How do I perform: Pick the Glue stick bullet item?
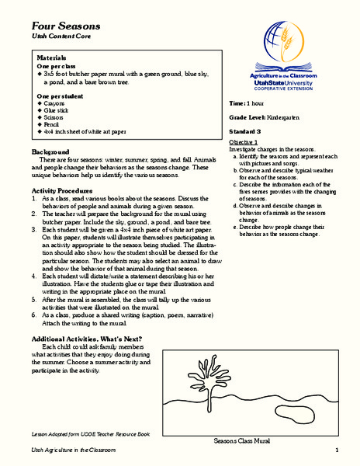pos(62,111)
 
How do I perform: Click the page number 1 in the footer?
pos(337,451)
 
